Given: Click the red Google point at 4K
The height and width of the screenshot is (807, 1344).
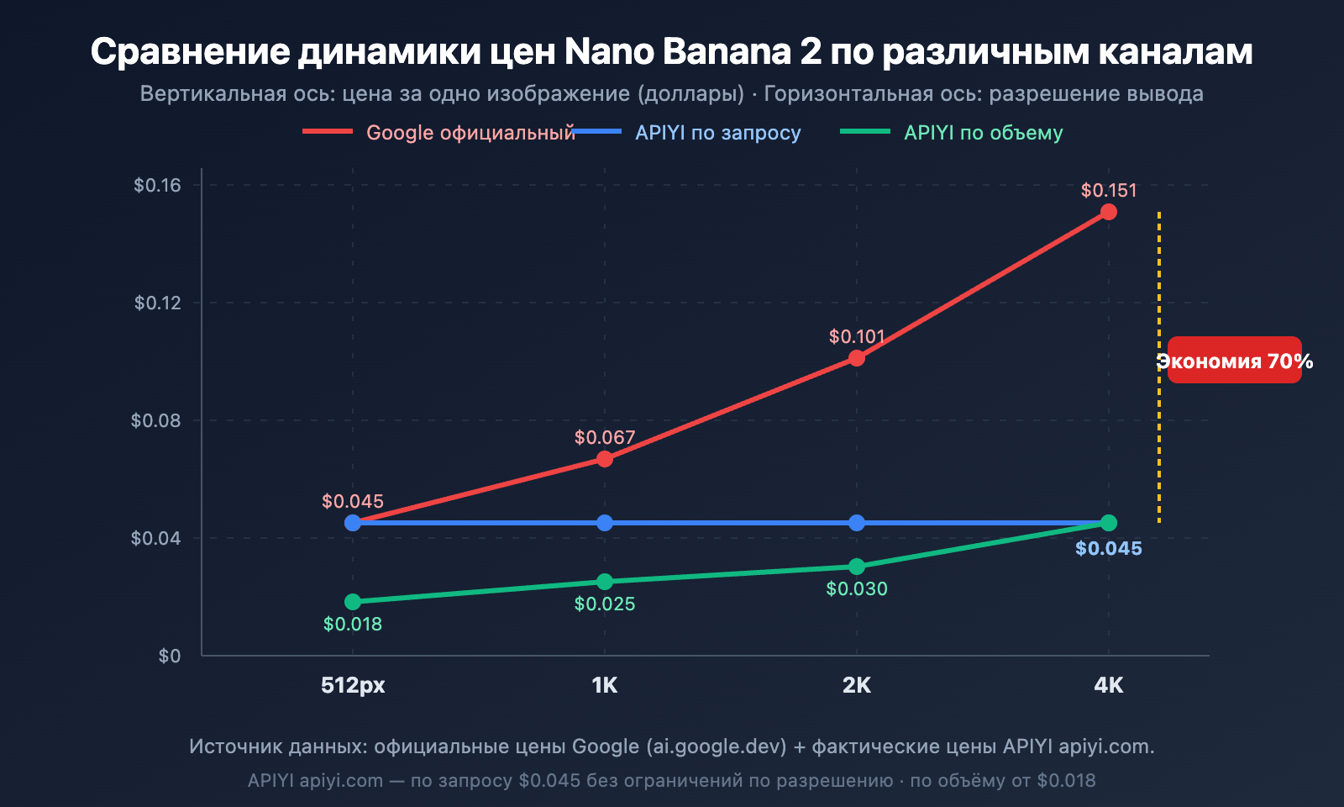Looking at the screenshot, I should click(1108, 212).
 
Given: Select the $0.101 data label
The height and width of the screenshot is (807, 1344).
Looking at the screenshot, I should click(856, 336).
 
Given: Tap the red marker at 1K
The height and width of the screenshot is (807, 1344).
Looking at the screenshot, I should click(604, 459).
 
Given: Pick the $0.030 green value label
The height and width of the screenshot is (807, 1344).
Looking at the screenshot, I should click(856, 588).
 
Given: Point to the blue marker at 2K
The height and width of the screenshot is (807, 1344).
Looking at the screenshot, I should click(856, 523).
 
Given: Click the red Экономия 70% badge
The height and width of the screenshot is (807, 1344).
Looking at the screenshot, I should click(1234, 361).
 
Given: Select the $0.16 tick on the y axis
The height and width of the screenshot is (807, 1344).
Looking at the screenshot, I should click(157, 185).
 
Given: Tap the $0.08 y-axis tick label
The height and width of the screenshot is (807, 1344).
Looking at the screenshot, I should click(155, 420).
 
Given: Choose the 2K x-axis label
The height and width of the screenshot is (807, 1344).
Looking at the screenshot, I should click(856, 685).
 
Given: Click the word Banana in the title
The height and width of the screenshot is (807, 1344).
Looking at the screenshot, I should click(727, 52).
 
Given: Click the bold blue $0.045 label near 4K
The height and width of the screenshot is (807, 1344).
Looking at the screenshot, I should click(1108, 548).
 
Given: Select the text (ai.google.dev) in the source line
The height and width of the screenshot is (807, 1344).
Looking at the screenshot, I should click(716, 746).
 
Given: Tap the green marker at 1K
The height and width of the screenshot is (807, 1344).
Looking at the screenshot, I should click(604, 582).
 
